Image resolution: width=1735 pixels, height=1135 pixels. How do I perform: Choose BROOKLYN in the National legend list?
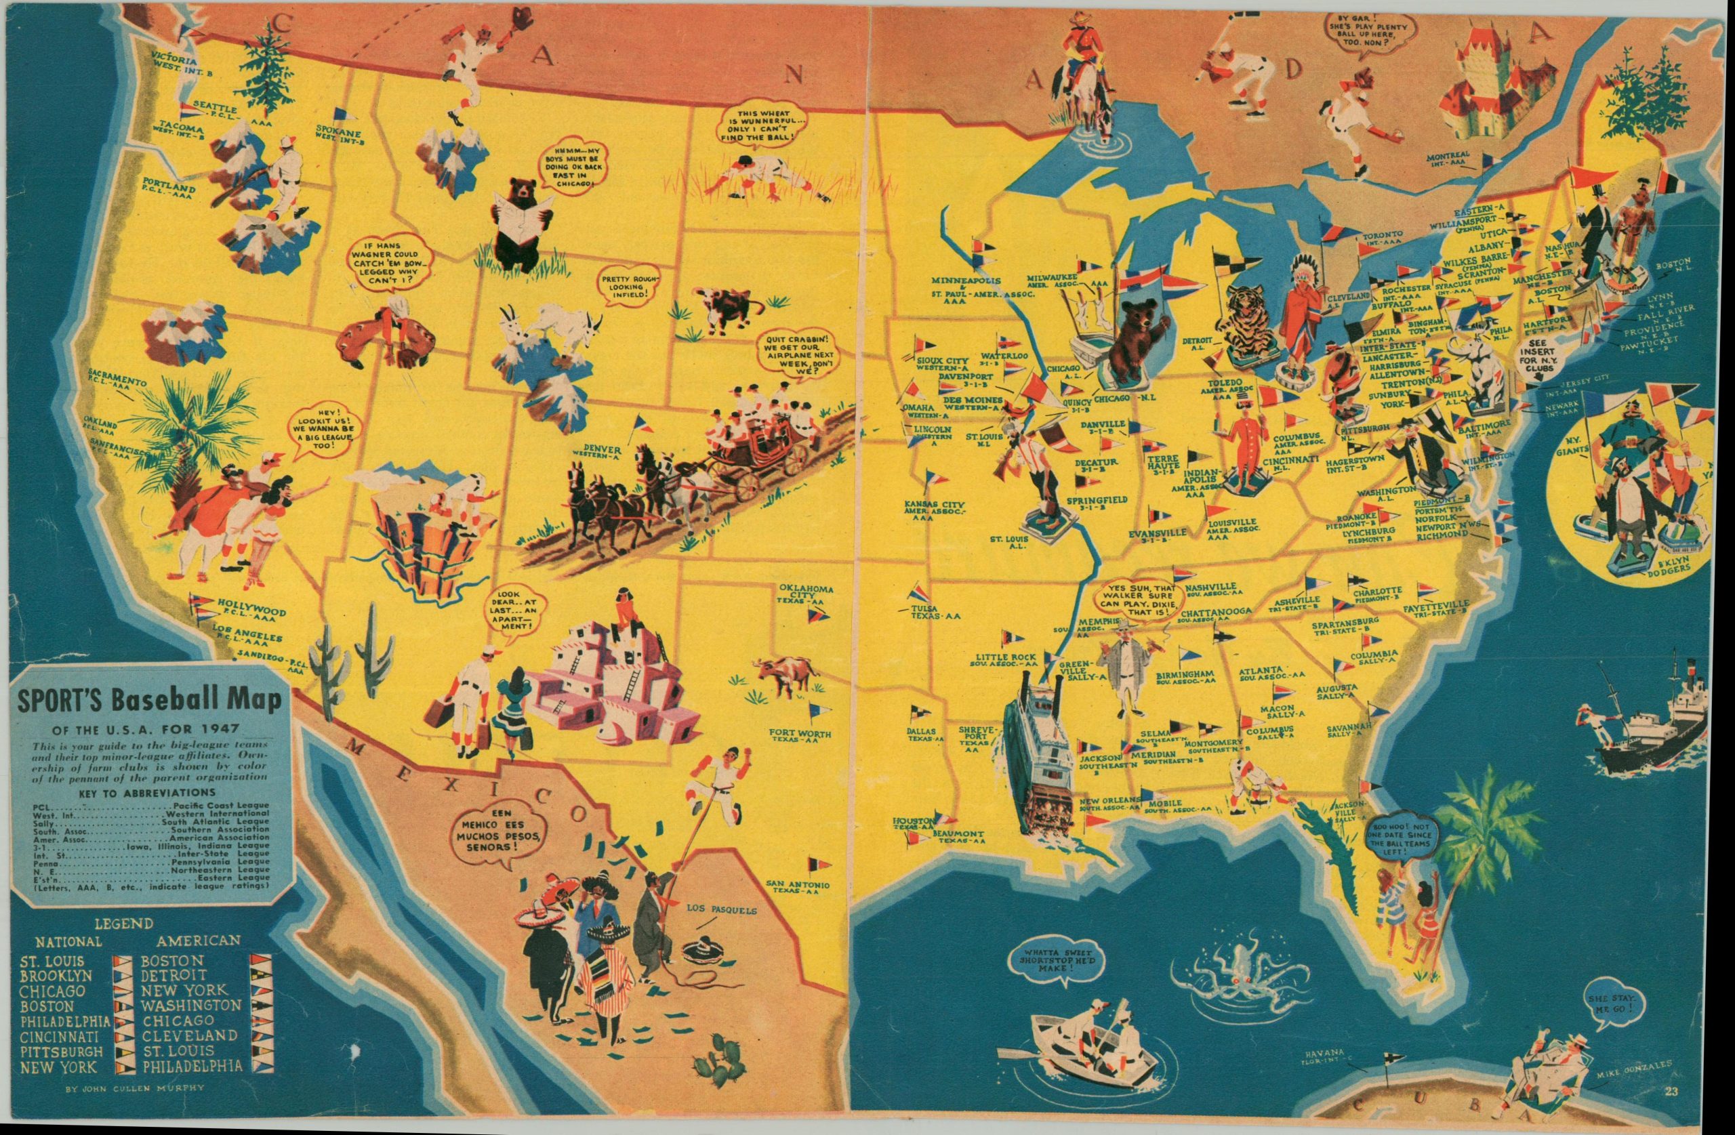[x=56, y=975]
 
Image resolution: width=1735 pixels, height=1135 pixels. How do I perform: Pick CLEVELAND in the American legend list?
[x=189, y=1035]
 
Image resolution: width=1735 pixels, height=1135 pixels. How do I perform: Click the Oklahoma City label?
[x=806, y=594]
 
